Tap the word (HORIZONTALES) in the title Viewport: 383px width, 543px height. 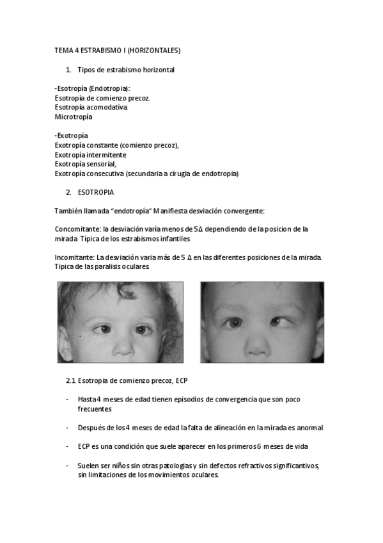pos(154,49)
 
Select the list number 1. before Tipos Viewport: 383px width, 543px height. pos(68,69)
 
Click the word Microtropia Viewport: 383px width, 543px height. pos(74,117)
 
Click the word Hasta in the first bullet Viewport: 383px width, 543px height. pos(86,399)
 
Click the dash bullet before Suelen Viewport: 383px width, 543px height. pos(68,466)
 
